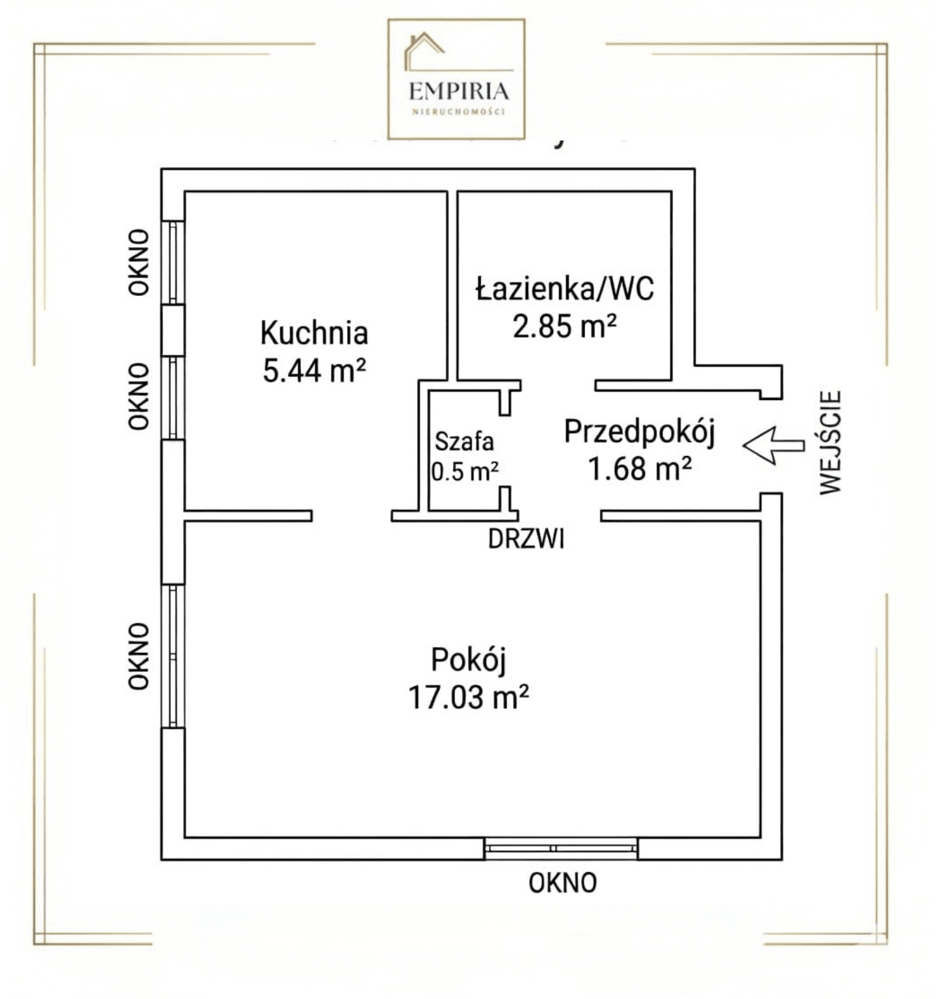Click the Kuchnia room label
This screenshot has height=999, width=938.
coord(314,333)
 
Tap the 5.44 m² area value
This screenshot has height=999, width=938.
coord(315,371)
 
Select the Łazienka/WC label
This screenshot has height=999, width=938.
coord(565,289)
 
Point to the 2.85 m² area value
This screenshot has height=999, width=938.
coord(564,326)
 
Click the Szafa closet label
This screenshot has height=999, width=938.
coord(464,442)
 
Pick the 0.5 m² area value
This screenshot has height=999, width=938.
coord(465,471)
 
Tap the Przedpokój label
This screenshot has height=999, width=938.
coord(640,433)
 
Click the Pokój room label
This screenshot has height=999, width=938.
coord(468,660)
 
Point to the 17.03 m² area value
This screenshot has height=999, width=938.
coord(468,697)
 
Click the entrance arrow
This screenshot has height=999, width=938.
coord(774,446)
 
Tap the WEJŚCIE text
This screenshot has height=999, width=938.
coord(830,442)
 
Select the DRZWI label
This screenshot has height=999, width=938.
coord(526,539)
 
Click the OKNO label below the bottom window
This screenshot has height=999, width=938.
coord(562,883)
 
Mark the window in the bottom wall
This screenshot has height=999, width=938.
coord(561,849)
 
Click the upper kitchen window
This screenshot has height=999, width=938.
coord(173,263)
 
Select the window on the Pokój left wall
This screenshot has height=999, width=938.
coord(173,656)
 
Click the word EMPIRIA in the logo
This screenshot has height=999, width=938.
coord(459,90)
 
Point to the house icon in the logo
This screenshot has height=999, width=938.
coord(423,49)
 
